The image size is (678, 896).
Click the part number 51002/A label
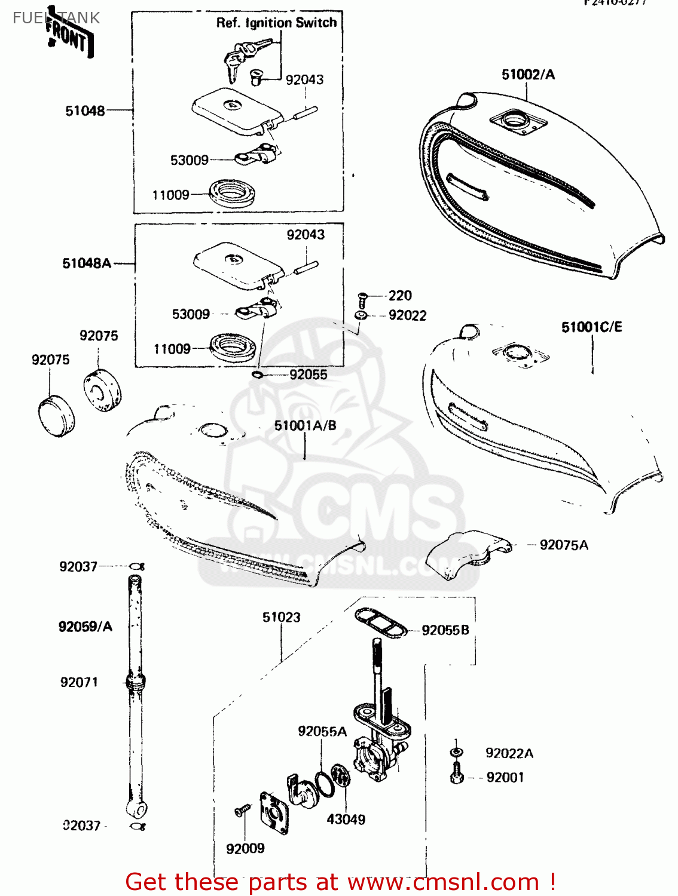[528, 75]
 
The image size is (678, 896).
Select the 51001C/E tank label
[591, 327]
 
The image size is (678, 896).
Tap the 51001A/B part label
[305, 426]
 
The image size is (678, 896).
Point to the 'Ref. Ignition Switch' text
[276, 23]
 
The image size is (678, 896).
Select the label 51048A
[87, 263]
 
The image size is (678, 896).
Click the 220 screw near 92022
[362, 297]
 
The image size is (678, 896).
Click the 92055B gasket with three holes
[380, 622]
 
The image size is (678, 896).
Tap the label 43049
[346, 820]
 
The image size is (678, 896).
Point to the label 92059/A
[85, 627]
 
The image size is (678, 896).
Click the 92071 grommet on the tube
[136, 682]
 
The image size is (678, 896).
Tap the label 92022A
[509, 754]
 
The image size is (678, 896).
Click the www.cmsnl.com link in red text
[443, 882]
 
